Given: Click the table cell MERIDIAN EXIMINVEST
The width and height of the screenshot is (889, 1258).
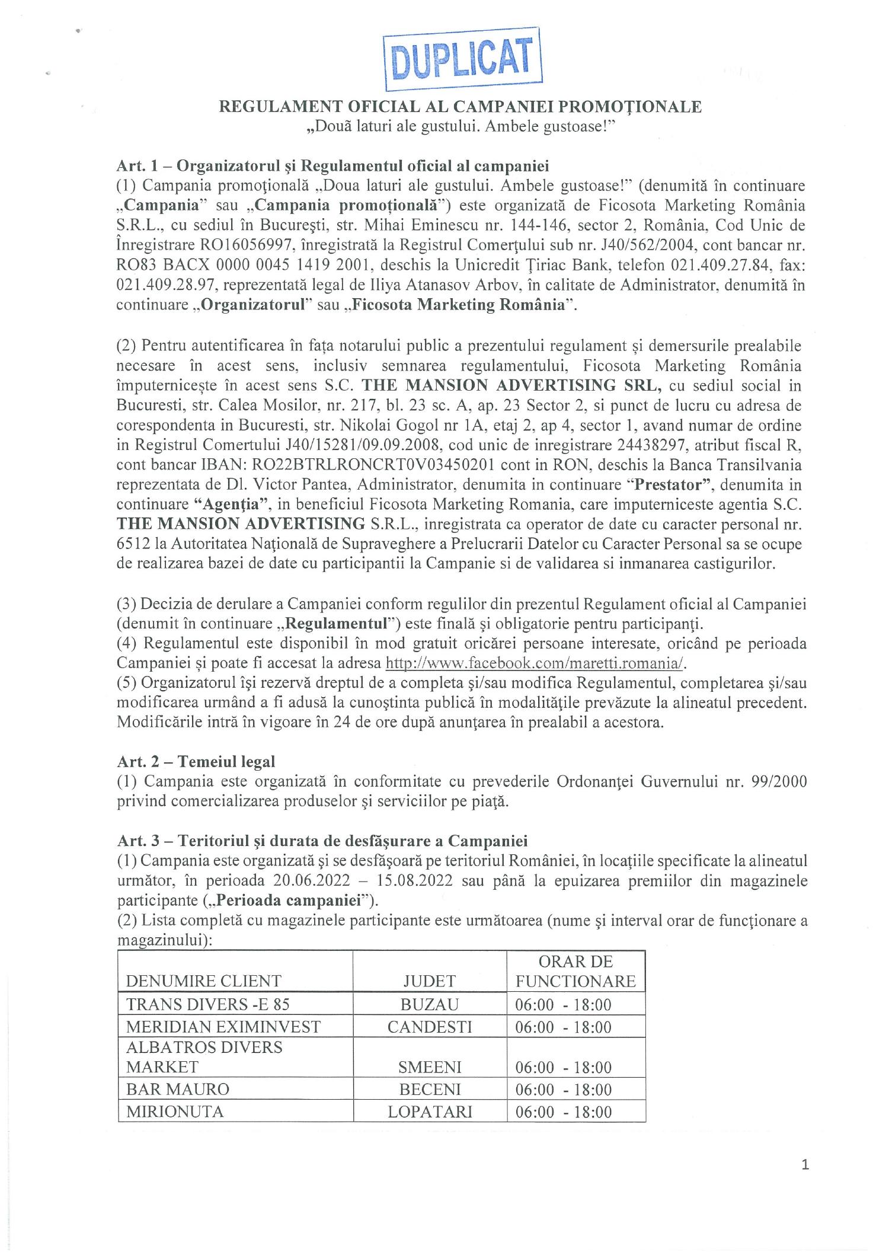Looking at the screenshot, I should pyautogui.click(x=223, y=1026).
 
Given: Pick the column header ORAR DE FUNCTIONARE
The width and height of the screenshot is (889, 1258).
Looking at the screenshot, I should pyautogui.click(x=575, y=971).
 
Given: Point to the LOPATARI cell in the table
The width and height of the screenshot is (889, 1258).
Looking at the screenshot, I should pyautogui.click(x=430, y=1111).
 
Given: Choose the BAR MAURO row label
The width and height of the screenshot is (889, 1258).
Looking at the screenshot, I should pyautogui.click(x=177, y=1089).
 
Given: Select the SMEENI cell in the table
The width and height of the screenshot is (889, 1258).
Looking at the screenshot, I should pyautogui.click(x=430, y=1067).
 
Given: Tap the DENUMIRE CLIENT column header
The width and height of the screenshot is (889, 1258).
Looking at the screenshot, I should pyautogui.click(x=203, y=981).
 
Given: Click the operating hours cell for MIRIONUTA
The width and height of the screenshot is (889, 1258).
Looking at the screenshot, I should pyautogui.click(x=563, y=1111).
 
